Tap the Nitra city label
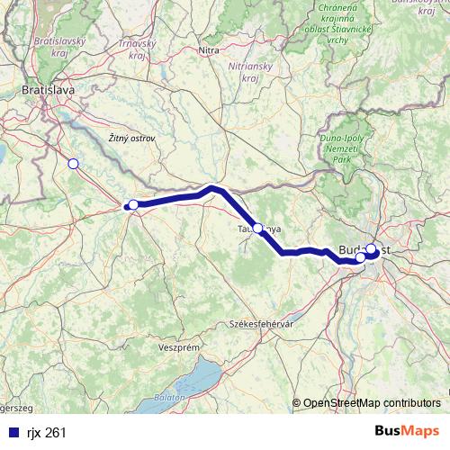pyautogui.click(x=209, y=50)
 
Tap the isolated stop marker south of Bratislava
pyautogui.click(x=73, y=163)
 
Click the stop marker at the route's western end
pyautogui.click(x=133, y=204)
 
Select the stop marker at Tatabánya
pyautogui.click(x=258, y=229)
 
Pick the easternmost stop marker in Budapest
pyautogui.click(x=371, y=248)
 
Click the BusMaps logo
pyautogui.click(x=407, y=432)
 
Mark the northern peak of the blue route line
pyautogui.click(x=213, y=188)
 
